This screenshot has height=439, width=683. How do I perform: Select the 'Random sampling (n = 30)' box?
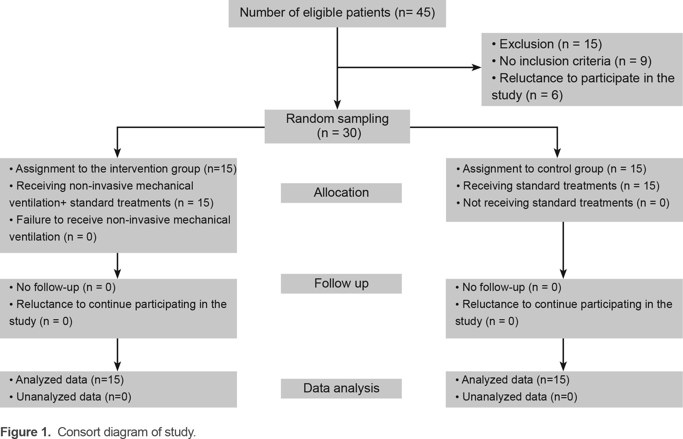pyautogui.click(x=337, y=126)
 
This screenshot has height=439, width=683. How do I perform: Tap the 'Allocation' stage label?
pyautogui.click(x=341, y=193)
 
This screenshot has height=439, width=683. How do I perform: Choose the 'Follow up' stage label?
pyautogui.click(x=341, y=283)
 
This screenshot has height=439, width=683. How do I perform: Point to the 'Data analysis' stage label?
pyautogui.click(x=341, y=388)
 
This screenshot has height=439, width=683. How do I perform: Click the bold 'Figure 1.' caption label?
pyautogui.click(x=26, y=432)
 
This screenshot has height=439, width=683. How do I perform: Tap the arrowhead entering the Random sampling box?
pyautogui.click(x=337, y=105)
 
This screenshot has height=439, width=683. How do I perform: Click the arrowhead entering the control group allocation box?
pyautogui.click(x=557, y=153)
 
